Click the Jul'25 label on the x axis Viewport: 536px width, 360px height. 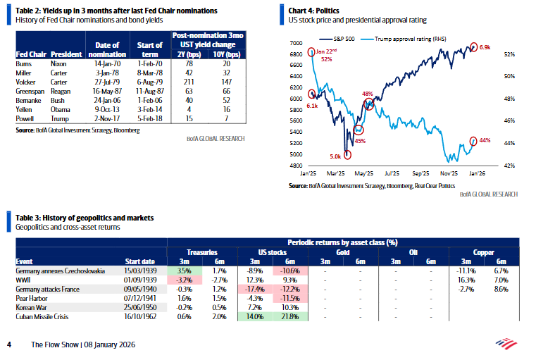tap(392, 172)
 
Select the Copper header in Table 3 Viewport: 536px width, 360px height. tap(482, 251)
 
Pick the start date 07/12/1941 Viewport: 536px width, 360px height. tap(142, 298)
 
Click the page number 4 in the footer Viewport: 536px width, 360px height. tap(9, 345)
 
